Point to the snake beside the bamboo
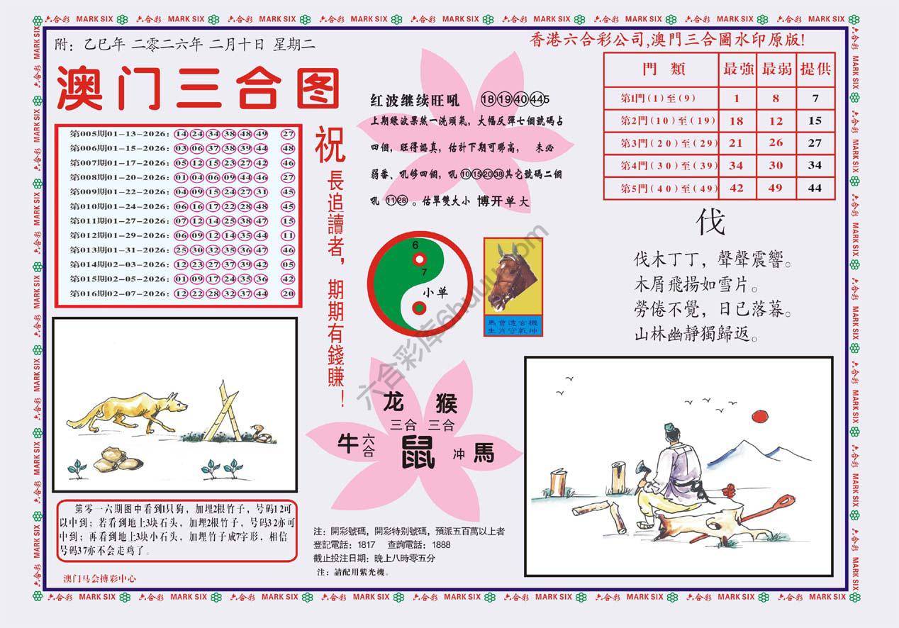coord(259,434)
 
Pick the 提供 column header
coord(815,69)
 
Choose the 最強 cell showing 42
coord(736,189)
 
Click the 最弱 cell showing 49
coord(776,189)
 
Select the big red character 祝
coord(330,144)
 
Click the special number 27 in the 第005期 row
coord(287,133)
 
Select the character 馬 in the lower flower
coord(484,452)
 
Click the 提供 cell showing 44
coord(815,189)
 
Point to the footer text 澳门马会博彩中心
coord(100,578)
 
